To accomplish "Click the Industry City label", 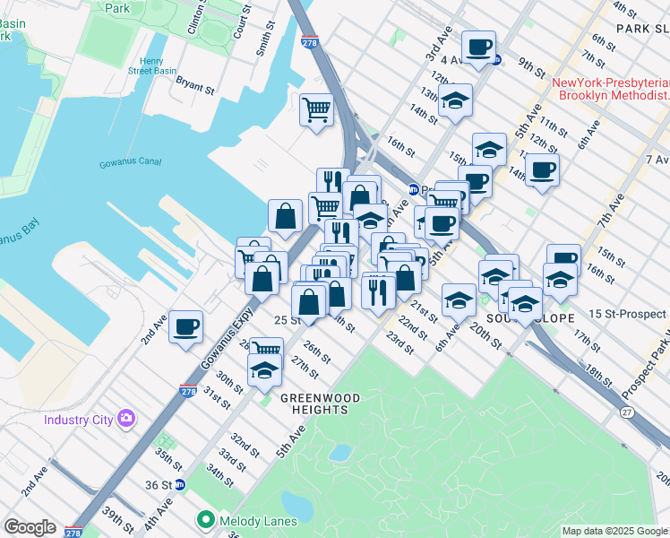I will [80, 420].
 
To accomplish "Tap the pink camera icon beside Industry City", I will [126, 419].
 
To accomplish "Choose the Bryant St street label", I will [194, 88].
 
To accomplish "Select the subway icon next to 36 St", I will [180, 484].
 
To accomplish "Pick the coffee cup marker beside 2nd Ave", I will [185, 328].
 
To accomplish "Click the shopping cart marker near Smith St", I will [316, 110].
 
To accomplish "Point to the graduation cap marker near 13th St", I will [455, 101].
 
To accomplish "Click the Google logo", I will [30, 527].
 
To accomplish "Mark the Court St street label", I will [238, 25].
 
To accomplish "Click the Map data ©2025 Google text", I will [614, 531].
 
